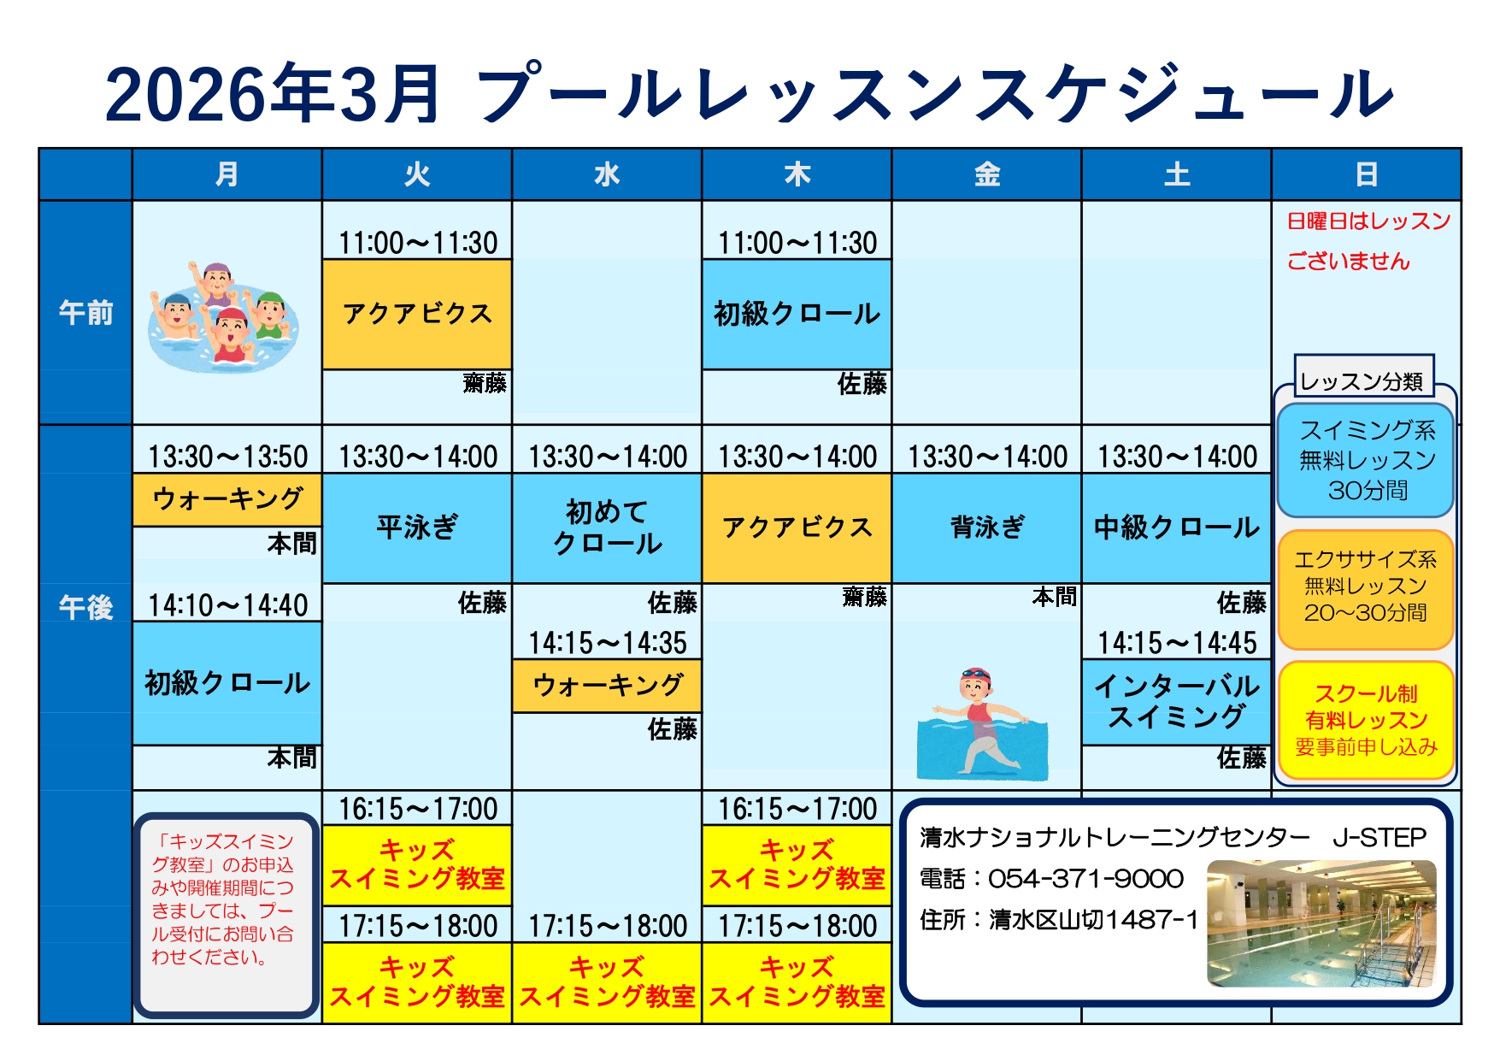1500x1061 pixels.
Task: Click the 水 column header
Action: pyautogui.click(x=607, y=174)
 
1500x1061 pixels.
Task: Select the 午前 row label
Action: pyautogui.click(x=85, y=313)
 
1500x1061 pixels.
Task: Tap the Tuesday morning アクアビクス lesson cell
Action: pyautogui.click(x=417, y=314)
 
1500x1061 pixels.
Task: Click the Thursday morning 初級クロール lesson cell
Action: pyautogui.click(x=797, y=314)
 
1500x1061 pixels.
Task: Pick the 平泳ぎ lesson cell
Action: pyautogui.click(x=417, y=528)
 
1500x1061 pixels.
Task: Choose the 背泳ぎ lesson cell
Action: pyautogui.click(x=986, y=528)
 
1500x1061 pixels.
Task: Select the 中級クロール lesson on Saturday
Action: pyautogui.click(x=1176, y=528)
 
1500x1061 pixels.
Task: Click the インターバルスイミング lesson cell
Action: pyautogui.click(x=1176, y=702)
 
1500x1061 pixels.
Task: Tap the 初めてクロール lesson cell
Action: pyautogui.click(x=607, y=528)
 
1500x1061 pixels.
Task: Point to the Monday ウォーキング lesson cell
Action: pyautogui.click(x=227, y=499)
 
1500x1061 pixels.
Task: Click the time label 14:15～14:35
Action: pyautogui.click(x=607, y=643)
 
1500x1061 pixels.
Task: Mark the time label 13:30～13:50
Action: pyautogui.click(x=227, y=457)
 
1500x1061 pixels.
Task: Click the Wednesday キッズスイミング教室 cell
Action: pyautogui.click(x=607, y=982)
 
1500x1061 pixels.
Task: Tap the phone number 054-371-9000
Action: pyautogui.click(x=1085, y=879)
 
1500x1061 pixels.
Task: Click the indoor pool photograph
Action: pyautogui.click(x=1321, y=923)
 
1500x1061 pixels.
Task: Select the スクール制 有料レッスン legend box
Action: pyautogui.click(x=1366, y=720)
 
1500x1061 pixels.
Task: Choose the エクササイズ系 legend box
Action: pyautogui.click(x=1366, y=589)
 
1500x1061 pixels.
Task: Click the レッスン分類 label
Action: pyautogui.click(x=1362, y=380)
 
